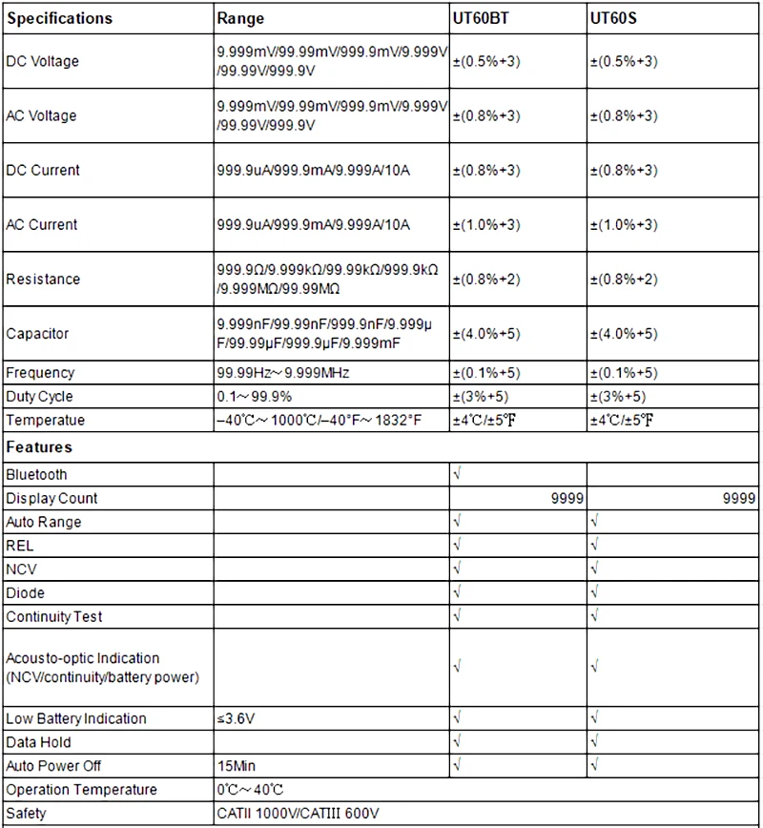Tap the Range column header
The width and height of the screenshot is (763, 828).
point(240,18)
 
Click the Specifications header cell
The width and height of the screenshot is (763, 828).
point(59,18)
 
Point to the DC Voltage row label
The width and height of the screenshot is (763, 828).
point(43,61)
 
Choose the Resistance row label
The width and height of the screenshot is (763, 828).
point(43,279)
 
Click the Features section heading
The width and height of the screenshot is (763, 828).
point(39,446)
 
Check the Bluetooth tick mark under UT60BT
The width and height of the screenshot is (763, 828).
point(458,474)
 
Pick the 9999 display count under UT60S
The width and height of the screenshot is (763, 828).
point(739,498)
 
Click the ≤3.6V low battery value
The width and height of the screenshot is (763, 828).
point(236,718)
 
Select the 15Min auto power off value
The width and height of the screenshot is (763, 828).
point(237,765)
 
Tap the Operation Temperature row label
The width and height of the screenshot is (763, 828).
point(81,790)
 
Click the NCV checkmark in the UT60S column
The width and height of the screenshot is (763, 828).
point(595,569)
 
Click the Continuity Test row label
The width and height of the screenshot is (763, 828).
point(54,616)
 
